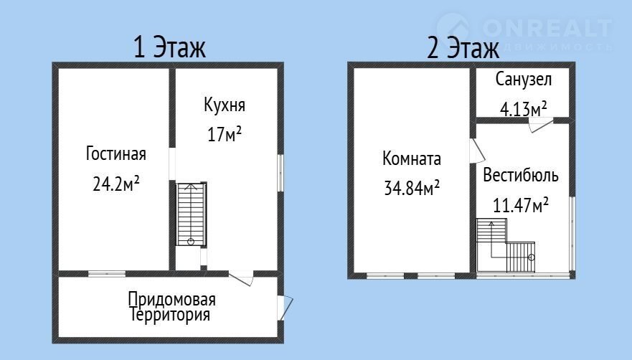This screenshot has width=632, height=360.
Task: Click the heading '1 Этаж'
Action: coord(169,47)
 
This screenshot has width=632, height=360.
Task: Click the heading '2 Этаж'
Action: coord(463,47)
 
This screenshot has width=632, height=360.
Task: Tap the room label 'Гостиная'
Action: coord(116,153)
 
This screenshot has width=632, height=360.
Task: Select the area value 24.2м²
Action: coord(116,184)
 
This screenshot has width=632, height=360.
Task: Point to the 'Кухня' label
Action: coord(225,105)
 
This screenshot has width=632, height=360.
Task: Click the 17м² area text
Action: coord(225,133)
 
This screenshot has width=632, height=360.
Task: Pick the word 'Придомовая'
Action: coord(171,300)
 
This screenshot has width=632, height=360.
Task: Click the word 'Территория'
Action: coord(170,315)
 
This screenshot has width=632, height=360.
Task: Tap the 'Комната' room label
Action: coord(412,158)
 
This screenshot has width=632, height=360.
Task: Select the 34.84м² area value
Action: coord(412,187)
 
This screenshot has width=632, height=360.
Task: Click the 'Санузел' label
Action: coord(523,80)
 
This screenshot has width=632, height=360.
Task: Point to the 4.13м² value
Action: coord(523,109)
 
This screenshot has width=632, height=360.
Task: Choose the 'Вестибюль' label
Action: coord(521,176)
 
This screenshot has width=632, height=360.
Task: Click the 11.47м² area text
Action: coord(521,205)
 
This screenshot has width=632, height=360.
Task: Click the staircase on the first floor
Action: coord(192,214)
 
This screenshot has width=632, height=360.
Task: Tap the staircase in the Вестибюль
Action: coord(506,245)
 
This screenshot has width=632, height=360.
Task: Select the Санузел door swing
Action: coord(541,125)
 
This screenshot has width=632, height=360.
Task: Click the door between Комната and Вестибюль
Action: coord(477,151)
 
